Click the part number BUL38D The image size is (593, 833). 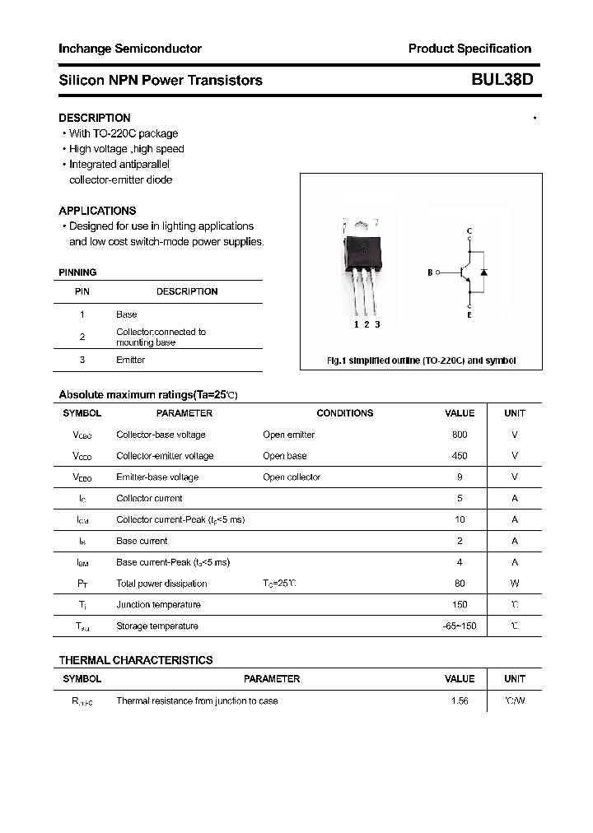point(502,80)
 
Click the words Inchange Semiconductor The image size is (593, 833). point(130,49)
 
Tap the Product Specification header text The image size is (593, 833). point(469,49)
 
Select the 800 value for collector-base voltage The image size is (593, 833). point(460,435)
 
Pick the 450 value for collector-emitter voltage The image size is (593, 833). point(460,456)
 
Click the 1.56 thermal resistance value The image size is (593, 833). point(460,701)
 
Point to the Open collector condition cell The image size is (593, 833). point(292,477)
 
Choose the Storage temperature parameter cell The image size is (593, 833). point(157,626)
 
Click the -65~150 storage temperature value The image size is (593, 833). point(460,626)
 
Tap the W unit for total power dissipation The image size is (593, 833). point(515,584)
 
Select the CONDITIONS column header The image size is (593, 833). point(344,413)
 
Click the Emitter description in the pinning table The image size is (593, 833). point(130,360)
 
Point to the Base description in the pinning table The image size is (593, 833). point(127,314)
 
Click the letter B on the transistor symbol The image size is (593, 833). point(430,272)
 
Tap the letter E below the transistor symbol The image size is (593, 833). point(469,315)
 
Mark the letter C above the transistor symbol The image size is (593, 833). point(469,230)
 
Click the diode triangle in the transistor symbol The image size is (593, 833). point(483,272)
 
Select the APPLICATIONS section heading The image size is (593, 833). point(97,211)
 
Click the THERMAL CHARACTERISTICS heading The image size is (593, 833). point(136,660)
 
